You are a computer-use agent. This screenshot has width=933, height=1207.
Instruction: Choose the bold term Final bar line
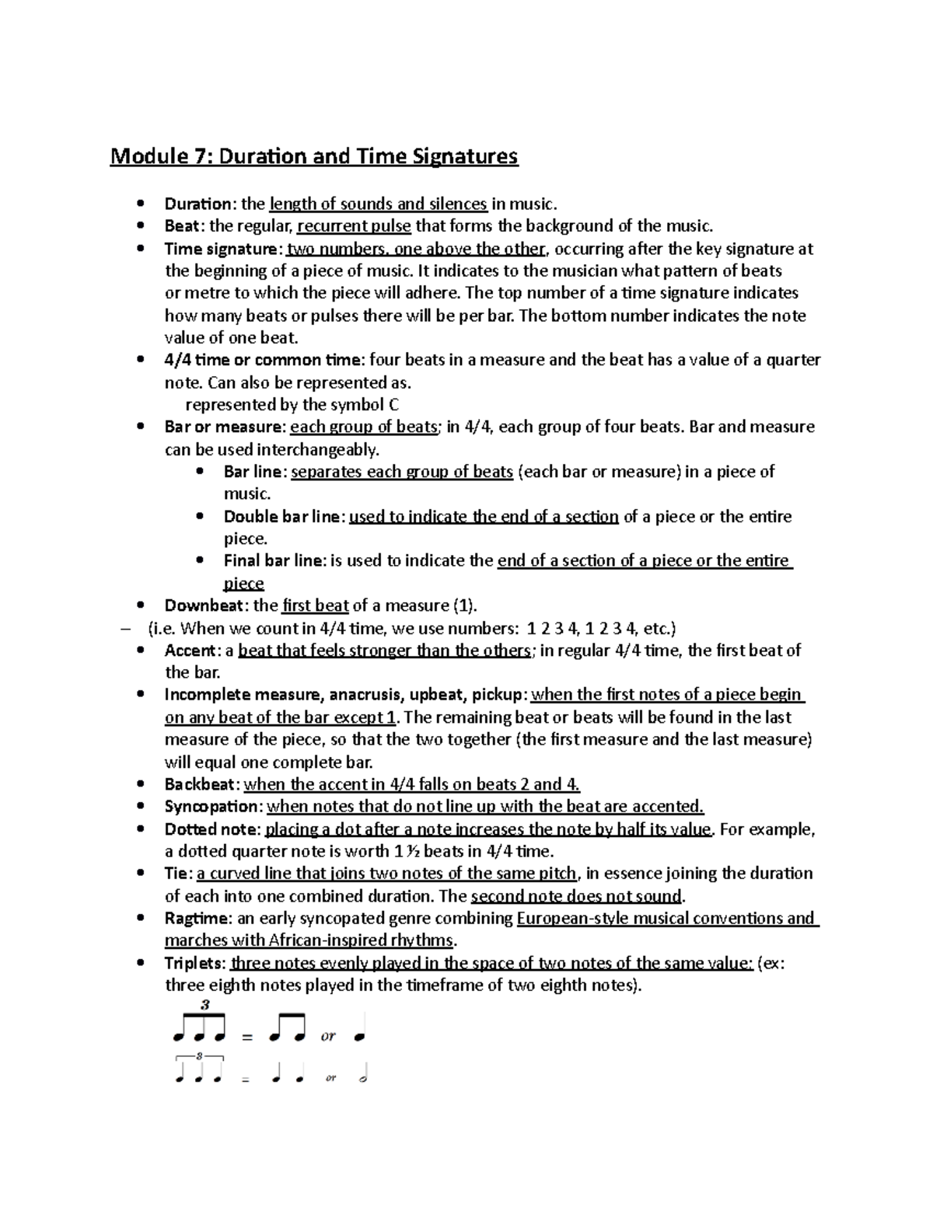(274, 560)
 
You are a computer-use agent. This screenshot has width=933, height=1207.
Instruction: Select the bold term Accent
(190, 651)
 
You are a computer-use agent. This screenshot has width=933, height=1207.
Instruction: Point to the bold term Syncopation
(211, 807)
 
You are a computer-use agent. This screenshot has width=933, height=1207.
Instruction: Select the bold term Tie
(176, 874)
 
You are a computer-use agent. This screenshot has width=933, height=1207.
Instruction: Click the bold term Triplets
(195, 964)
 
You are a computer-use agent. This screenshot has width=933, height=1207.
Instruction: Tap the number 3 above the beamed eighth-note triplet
(204, 1004)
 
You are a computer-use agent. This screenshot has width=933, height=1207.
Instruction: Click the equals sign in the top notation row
(247, 1038)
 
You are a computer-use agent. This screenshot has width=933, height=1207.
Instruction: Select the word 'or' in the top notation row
(328, 1036)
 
